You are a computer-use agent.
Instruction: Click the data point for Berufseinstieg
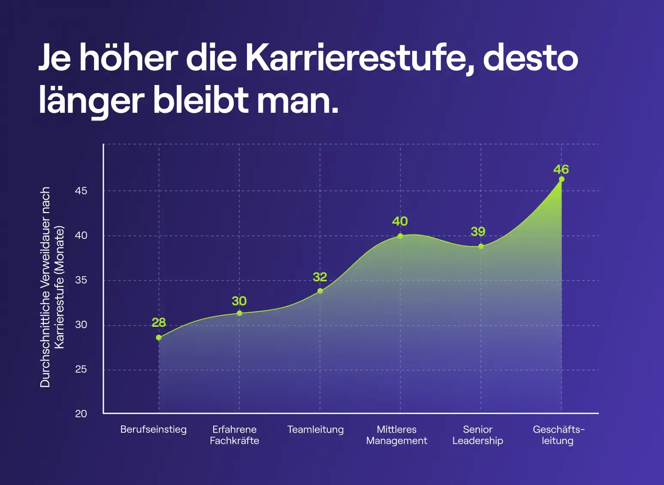point(159,337)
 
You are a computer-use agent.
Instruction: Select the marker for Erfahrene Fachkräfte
point(239,313)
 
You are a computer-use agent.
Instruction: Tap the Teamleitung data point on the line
point(320,291)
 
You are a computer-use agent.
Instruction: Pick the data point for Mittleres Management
point(400,236)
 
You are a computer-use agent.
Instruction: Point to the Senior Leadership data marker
point(481,246)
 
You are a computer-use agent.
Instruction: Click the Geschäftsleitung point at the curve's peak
point(561,179)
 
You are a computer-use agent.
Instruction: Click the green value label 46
point(561,169)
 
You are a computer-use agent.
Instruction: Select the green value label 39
point(478,232)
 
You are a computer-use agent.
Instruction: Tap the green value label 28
point(159,322)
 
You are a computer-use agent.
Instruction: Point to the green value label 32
point(320,277)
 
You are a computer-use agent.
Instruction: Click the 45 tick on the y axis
point(81,191)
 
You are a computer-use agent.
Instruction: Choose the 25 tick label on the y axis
point(81,369)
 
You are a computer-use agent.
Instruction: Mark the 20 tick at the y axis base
point(81,414)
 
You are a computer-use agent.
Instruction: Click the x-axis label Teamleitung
point(315,429)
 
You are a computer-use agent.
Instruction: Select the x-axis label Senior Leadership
point(477,435)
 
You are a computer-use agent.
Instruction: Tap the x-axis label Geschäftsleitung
point(558,435)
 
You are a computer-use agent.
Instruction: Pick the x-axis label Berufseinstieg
point(154,429)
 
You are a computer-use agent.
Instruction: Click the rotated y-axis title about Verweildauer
point(52,287)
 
